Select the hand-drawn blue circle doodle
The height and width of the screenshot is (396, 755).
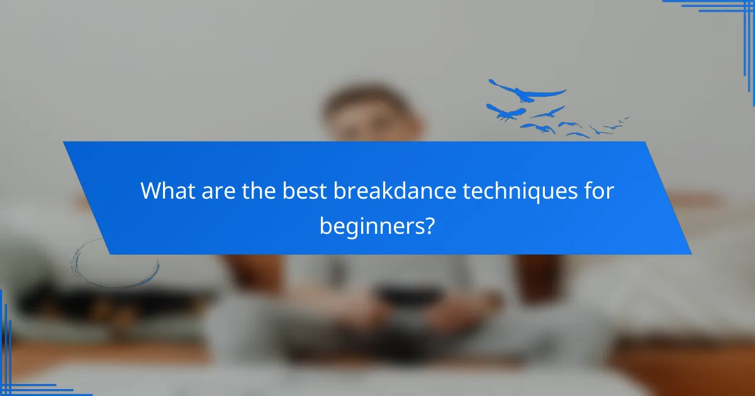click(115, 264)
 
